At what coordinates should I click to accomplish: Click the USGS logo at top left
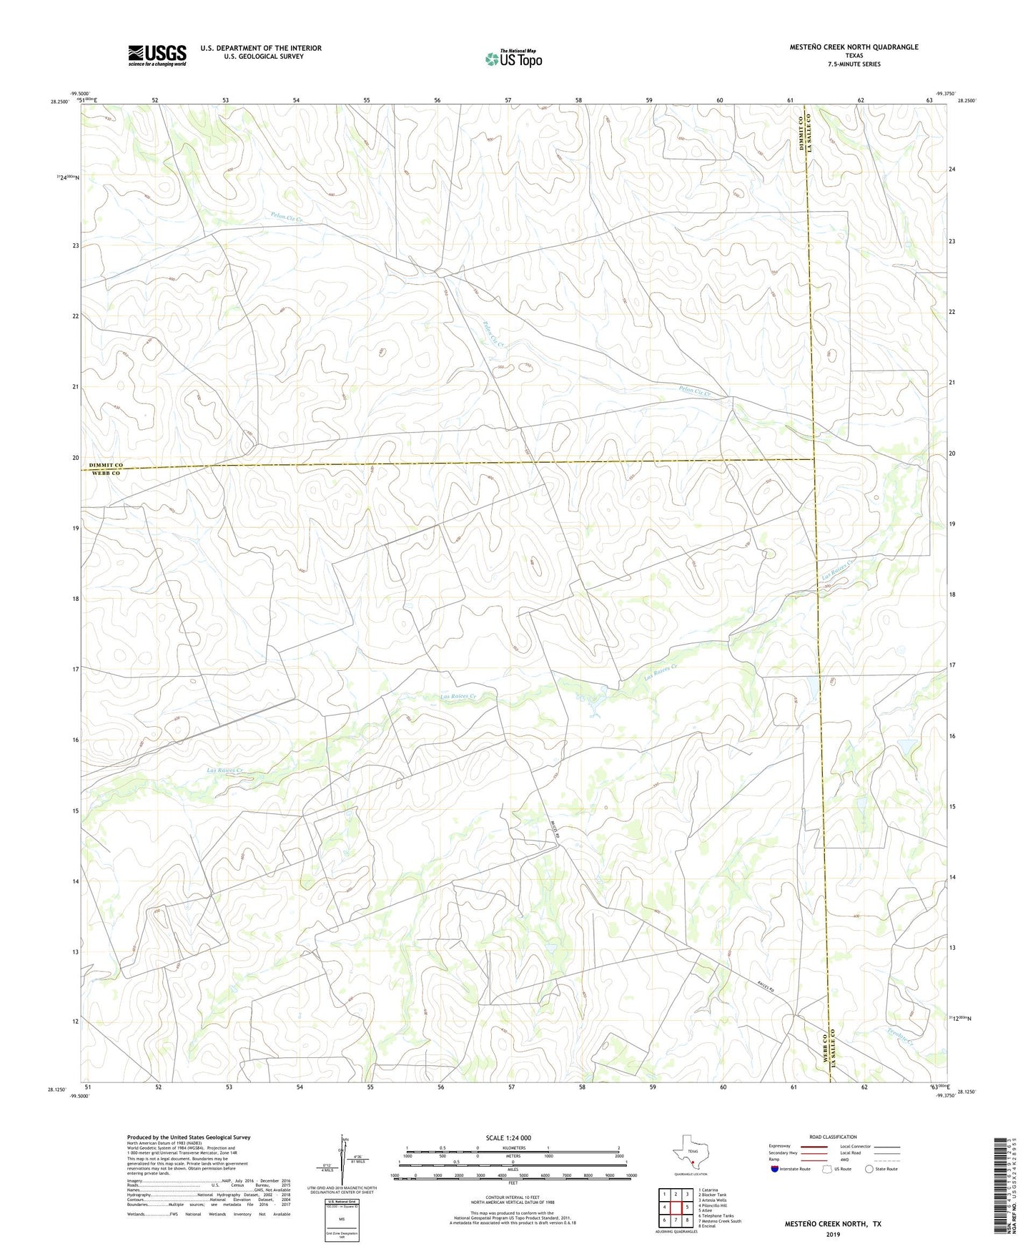[x=157, y=55]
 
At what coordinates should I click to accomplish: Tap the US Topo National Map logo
[x=513, y=59]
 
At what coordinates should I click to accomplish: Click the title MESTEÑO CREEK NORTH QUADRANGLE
[x=854, y=47]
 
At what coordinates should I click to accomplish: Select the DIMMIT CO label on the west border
[x=106, y=465]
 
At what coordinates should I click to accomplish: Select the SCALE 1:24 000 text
[x=508, y=1137]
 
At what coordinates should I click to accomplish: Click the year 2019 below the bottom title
[x=832, y=1234]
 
